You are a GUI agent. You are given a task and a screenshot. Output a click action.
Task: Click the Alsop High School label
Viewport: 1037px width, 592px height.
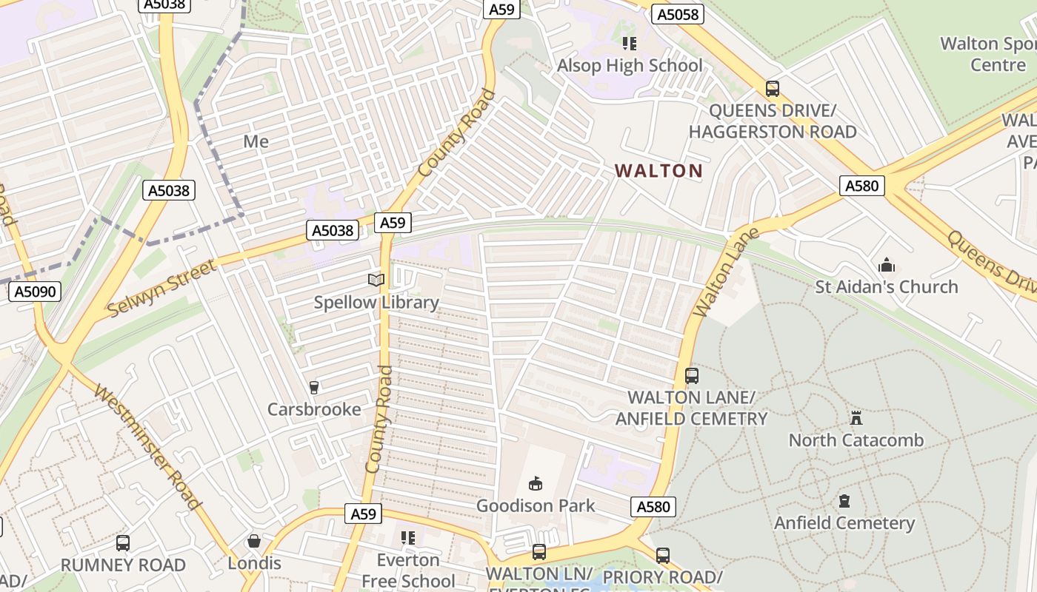pyautogui.click(x=629, y=65)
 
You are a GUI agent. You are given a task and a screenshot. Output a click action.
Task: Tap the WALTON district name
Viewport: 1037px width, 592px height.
pyautogui.click(x=658, y=171)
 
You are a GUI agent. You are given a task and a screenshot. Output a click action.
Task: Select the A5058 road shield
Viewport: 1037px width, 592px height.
pyautogui.click(x=677, y=14)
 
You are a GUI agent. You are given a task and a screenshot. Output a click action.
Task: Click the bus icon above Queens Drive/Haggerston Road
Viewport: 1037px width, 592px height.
pyautogui.click(x=773, y=89)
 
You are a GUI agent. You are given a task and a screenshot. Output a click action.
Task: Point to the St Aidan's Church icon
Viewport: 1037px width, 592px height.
pyautogui.click(x=887, y=265)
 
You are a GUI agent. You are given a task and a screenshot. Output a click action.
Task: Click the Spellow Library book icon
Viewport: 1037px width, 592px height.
pyautogui.click(x=376, y=280)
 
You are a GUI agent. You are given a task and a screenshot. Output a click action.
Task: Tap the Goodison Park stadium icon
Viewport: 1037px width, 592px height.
pyautogui.click(x=535, y=484)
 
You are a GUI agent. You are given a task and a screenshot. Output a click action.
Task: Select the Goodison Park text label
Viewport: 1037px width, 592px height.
pyautogui.click(x=535, y=505)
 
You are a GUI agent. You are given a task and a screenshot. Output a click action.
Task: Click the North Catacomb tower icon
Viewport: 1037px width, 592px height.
pyautogui.click(x=856, y=418)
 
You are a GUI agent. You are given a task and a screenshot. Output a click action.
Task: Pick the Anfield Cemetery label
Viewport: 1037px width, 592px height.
pyautogui.click(x=844, y=522)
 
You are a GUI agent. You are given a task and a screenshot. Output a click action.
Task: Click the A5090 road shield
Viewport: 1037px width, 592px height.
pyautogui.click(x=35, y=292)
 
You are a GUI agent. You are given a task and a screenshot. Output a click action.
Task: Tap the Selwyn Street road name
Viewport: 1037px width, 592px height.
pyautogui.click(x=162, y=287)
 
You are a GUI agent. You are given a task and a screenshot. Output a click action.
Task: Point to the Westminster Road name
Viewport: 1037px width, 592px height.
pyautogui.click(x=148, y=448)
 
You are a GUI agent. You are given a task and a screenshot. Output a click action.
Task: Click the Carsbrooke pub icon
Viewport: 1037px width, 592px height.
pyautogui.click(x=314, y=388)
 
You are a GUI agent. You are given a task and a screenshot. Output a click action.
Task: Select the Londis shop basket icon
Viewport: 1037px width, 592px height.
pyautogui.click(x=254, y=542)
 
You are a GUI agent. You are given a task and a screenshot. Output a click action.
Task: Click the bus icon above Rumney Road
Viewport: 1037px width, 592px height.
pyautogui.click(x=123, y=543)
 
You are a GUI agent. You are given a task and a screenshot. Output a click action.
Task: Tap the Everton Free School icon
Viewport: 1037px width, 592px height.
pyautogui.click(x=408, y=538)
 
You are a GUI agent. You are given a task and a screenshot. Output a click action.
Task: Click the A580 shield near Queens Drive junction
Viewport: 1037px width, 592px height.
pyautogui.click(x=862, y=185)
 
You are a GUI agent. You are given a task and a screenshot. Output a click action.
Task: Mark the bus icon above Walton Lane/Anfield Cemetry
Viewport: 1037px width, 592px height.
pyautogui.click(x=691, y=376)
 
